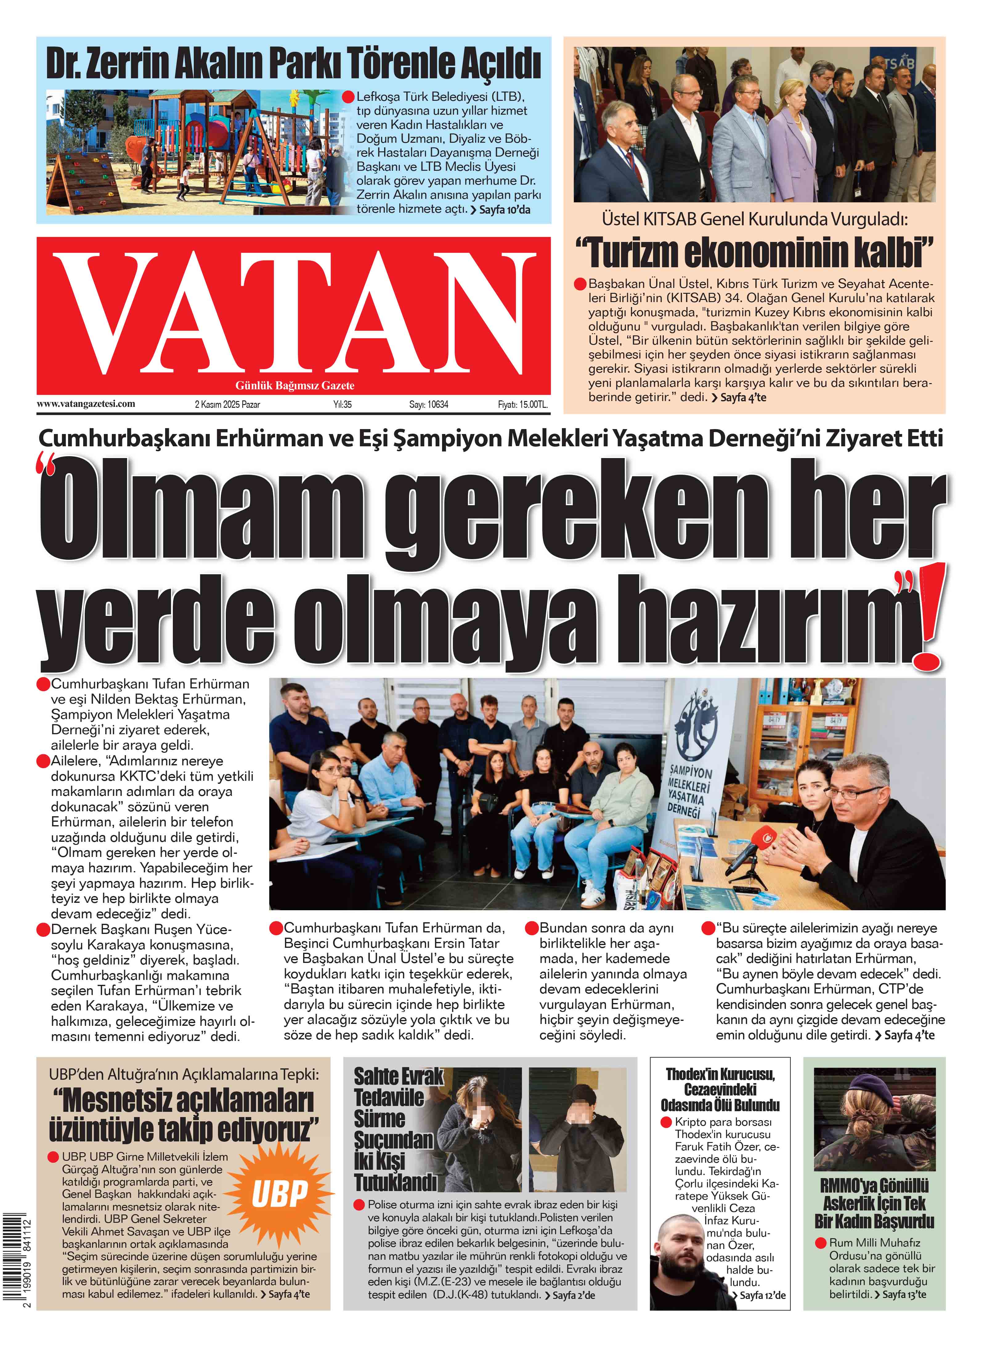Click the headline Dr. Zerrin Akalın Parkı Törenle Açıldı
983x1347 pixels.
click(x=293, y=64)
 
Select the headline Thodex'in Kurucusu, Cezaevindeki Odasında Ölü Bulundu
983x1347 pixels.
click(x=720, y=1089)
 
